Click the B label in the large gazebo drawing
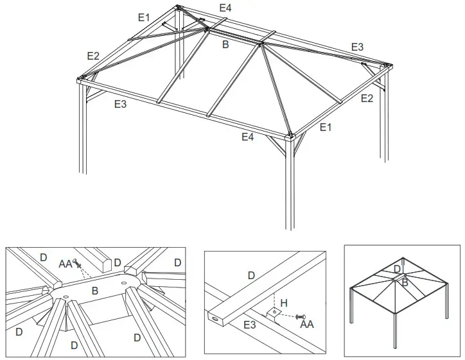[x=225, y=45]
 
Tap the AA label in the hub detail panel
[x=66, y=263]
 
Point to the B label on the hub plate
[x=94, y=291]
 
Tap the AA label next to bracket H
[x=308, y=325]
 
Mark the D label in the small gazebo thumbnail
[x=396, y=269]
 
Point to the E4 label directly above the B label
[x=225, y=8]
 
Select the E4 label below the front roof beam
[x=248, y=136]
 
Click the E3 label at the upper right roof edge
[x=357, y=47]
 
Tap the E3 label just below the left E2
[x=120, y=104]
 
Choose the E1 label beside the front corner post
[x=326, y=127]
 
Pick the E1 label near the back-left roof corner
[x=145, y=17]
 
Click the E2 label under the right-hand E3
[x=367, y=98]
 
